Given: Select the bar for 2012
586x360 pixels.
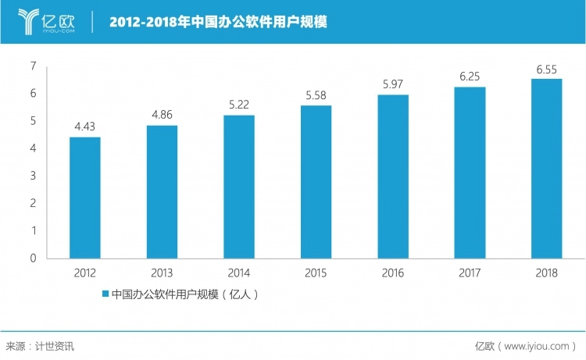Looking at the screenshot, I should point(84,198).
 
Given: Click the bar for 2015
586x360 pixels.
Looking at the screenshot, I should point(316,182).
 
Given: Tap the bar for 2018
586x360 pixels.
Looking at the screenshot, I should point(547,168).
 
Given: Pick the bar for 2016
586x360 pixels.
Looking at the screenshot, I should point(393,176).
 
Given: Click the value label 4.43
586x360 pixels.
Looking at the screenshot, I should point(84,126).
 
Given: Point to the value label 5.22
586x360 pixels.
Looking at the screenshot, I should point(239,104).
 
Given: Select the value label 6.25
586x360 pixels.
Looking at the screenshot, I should point(470,76).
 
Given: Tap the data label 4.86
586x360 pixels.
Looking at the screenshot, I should point(162,114).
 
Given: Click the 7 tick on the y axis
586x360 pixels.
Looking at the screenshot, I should point(34,66).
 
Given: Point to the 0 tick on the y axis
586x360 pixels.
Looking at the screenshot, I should point(34,258).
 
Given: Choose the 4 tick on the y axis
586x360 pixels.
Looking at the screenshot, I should point(34,148).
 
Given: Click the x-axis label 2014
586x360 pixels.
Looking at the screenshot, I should point(239,273).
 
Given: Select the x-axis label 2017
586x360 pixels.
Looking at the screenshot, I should point(470,273).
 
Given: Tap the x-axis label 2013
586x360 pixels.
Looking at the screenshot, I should point(162,273).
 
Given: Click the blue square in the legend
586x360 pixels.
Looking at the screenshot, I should point(105,294).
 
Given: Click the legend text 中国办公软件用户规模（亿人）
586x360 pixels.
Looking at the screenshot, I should point(184,294).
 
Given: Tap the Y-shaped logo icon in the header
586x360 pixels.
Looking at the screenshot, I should point(29,21).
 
